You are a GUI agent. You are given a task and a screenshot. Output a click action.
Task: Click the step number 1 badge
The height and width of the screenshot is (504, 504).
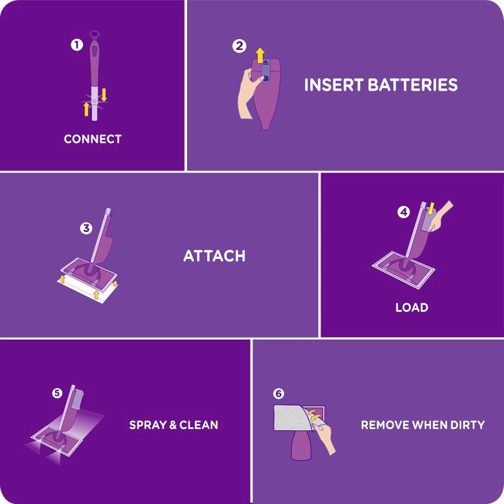(x=77, y=45)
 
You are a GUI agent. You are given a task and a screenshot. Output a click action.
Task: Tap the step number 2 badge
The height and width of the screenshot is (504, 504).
(x=239, y=45)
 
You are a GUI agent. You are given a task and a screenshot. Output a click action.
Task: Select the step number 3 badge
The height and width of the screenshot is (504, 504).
(x=86, y=228)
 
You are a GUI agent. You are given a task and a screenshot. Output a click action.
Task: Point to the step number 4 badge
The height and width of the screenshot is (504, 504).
(x=403, y=212)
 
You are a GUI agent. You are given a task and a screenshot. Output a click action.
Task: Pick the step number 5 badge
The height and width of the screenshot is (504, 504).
(x=57, y=393)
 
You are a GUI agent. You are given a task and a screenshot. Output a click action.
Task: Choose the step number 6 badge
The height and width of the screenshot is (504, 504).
(x=278, y=393)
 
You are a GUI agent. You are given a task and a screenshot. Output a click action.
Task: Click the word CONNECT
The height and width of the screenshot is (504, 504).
(x=93, y=139)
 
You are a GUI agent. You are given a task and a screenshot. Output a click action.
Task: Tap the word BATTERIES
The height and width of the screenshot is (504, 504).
(x=416, y=85)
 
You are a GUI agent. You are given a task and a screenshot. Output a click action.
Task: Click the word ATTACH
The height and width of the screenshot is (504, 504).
(x=214, y=256)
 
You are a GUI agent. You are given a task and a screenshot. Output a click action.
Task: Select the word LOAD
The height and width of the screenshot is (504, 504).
(x=411, y=307)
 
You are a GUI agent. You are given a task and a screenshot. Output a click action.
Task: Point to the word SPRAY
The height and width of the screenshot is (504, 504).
(x=147, y=425)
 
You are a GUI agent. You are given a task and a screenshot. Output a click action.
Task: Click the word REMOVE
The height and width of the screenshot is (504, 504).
(x=384, y=425)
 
